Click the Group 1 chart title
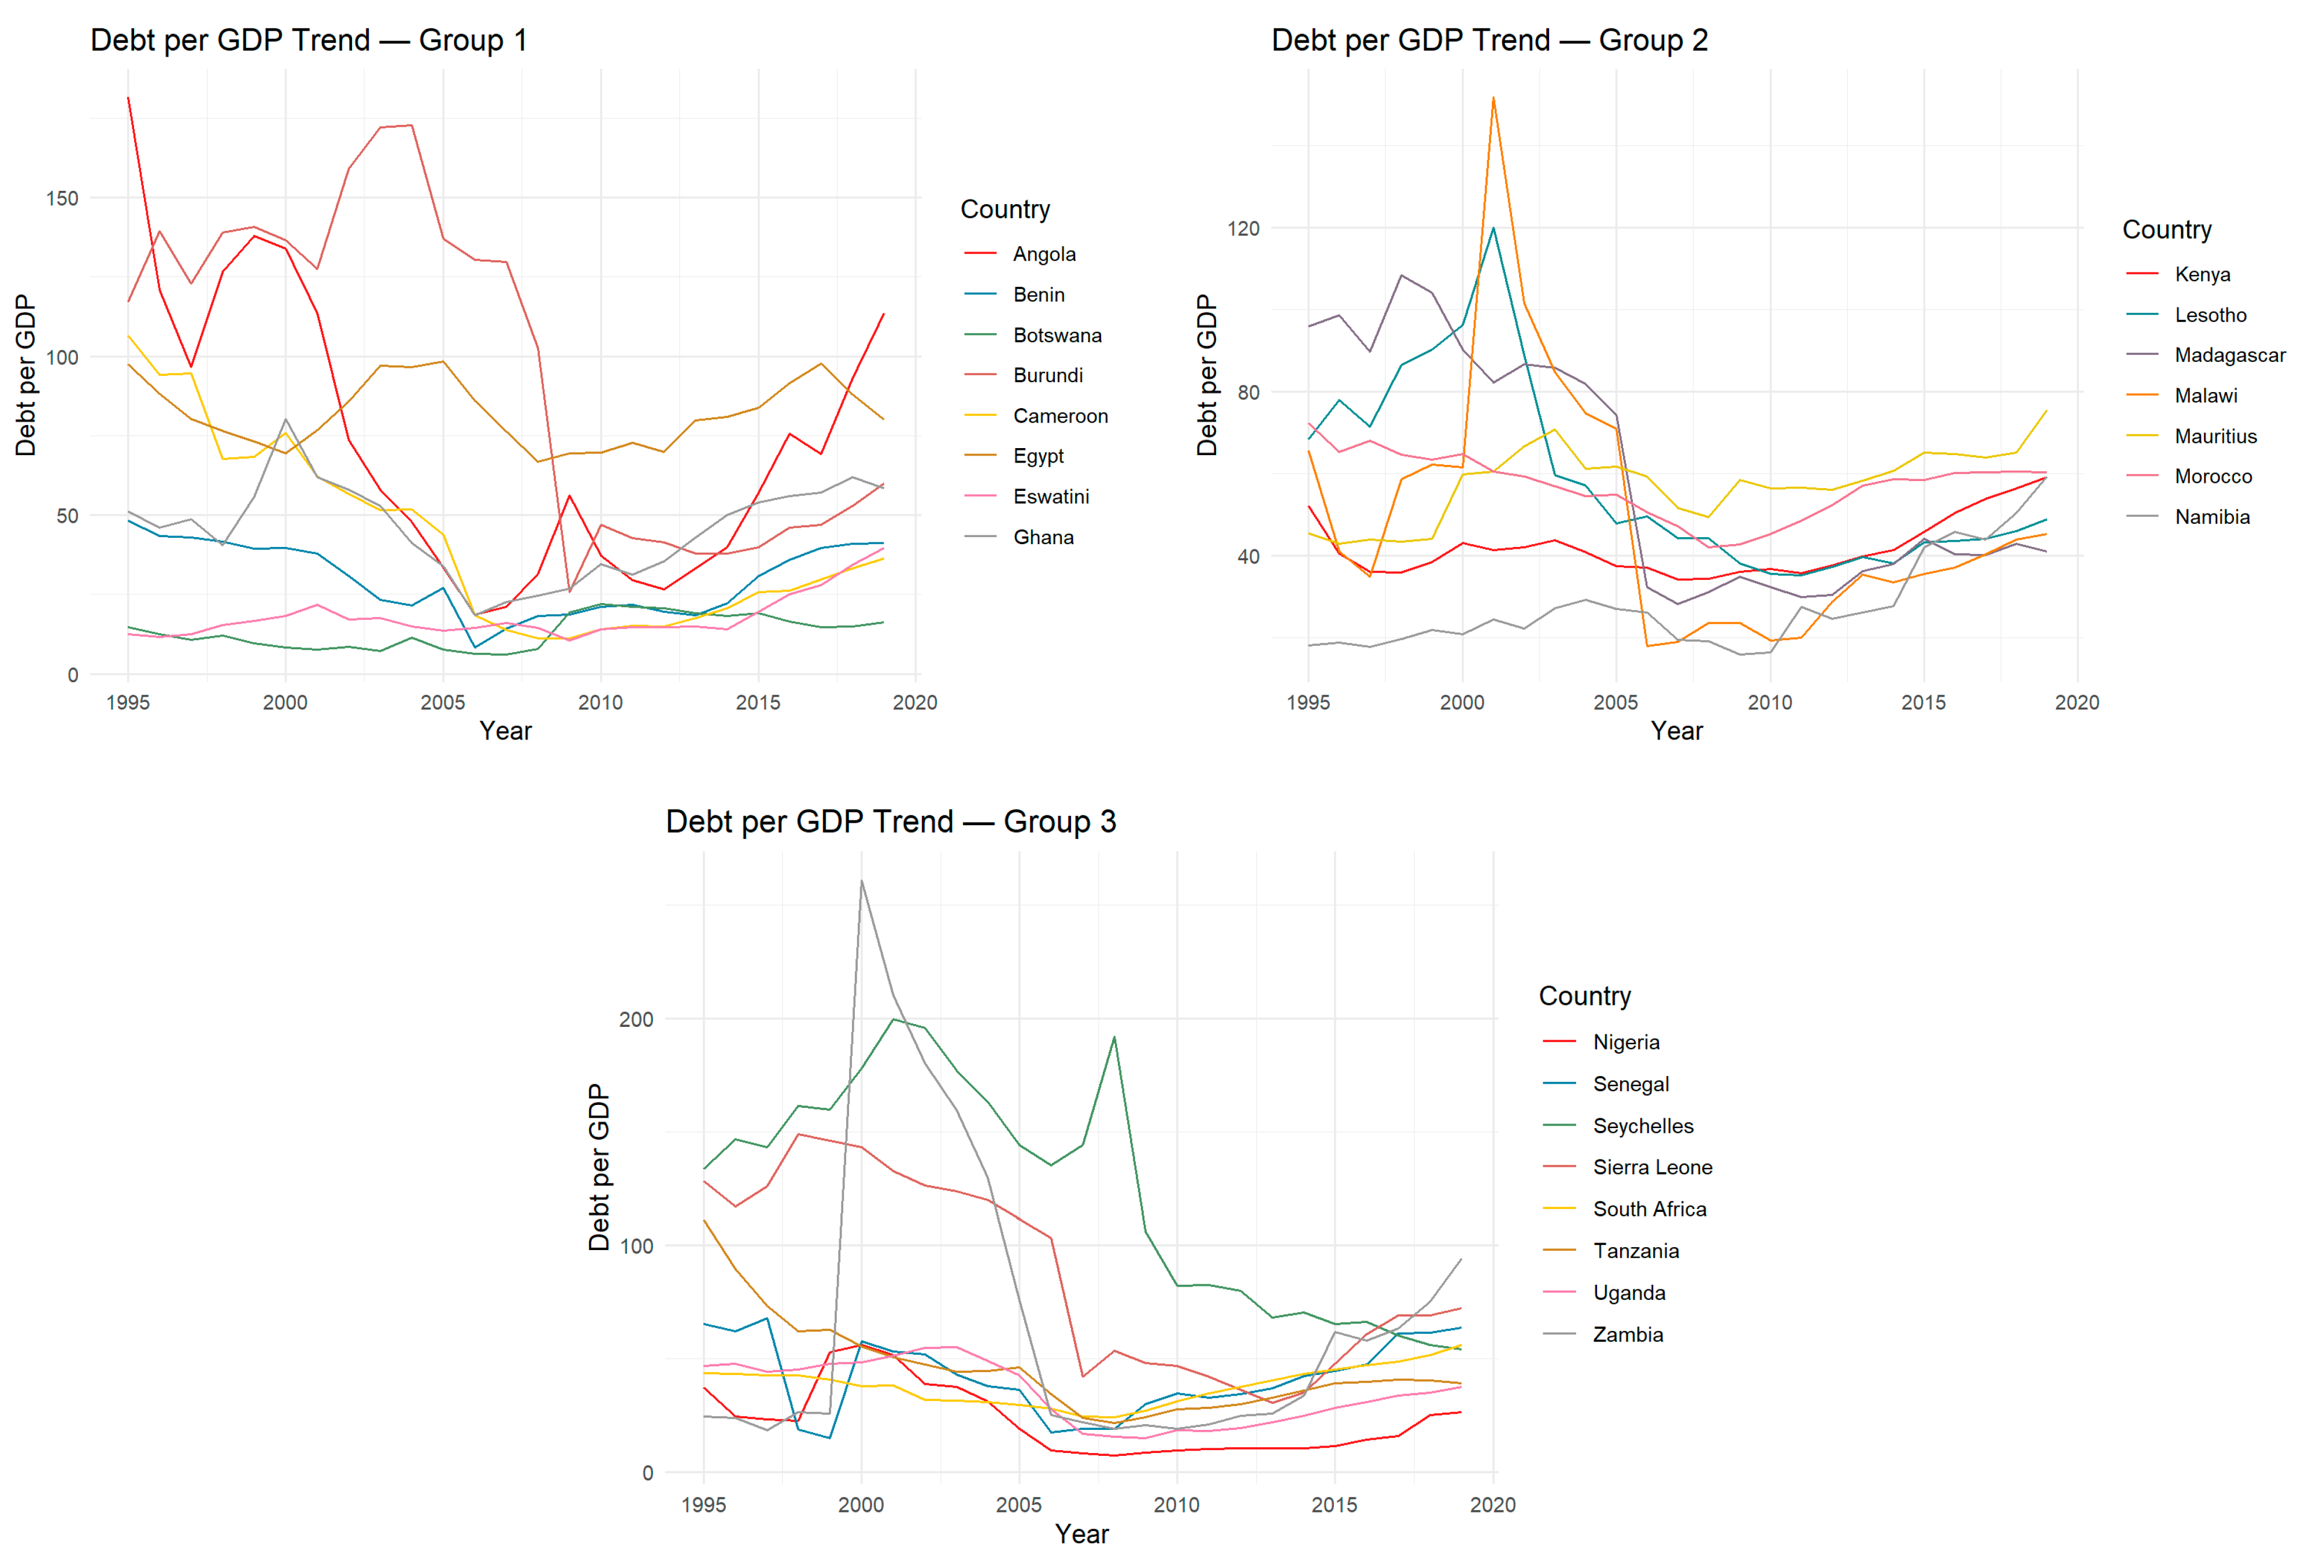(308, 40)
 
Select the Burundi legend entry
(1047, 375)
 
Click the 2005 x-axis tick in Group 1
(443, 703)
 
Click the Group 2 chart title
(1488, 40)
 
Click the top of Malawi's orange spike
(1493, 97)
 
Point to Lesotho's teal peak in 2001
(1493, 228)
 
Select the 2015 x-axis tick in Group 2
(1923, 703)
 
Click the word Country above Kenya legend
(2166, 230)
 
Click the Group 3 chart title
(890, 821)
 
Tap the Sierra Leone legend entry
(1651, 1167)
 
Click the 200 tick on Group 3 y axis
(636, 1019)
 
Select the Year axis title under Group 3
(1081, 1533)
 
